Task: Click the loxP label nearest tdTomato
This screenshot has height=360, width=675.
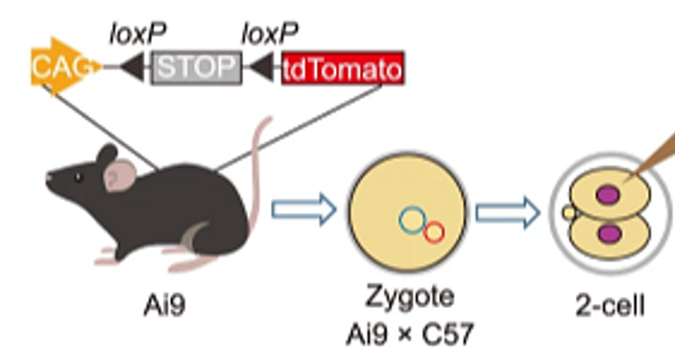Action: (269, 33)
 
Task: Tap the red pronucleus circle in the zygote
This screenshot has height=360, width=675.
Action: (434, 231)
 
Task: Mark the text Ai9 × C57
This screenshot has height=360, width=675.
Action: (409, 333)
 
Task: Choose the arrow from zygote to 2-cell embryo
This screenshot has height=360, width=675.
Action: (508, 212)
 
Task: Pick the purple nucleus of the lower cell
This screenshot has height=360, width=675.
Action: (611, 234)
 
